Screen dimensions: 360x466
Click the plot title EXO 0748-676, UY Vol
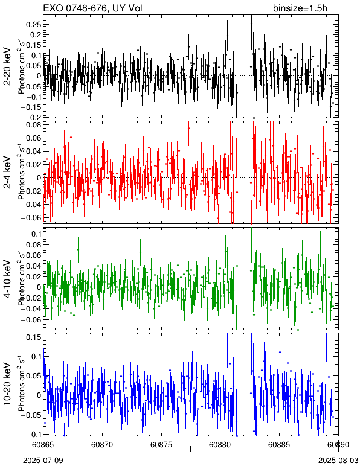click(x=93, y=8)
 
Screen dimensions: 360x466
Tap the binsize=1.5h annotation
click(x=300, y=8)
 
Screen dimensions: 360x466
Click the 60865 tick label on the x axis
click(x=43, y=445)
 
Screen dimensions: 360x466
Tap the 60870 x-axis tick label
click(x=102, y=445)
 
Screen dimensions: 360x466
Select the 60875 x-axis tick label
click(x=161, y=445)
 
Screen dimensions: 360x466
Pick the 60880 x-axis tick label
click(x=220, y=445)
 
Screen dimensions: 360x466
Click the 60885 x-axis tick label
click(x=279, y=445)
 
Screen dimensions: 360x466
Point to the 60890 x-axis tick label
click(x=338, y=445)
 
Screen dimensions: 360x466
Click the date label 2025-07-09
click(x=43, y=461)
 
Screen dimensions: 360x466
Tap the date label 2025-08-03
click(x=338, y=461)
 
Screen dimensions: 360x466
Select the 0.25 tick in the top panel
click(x=34, y=25)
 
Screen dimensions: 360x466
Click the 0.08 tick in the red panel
click(x=34, y=124)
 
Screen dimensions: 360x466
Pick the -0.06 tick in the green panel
click(x=31, y=319)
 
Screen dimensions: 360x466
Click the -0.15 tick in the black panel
click(x=31, y=107)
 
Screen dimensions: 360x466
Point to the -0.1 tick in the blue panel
click(x=33, y=434)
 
